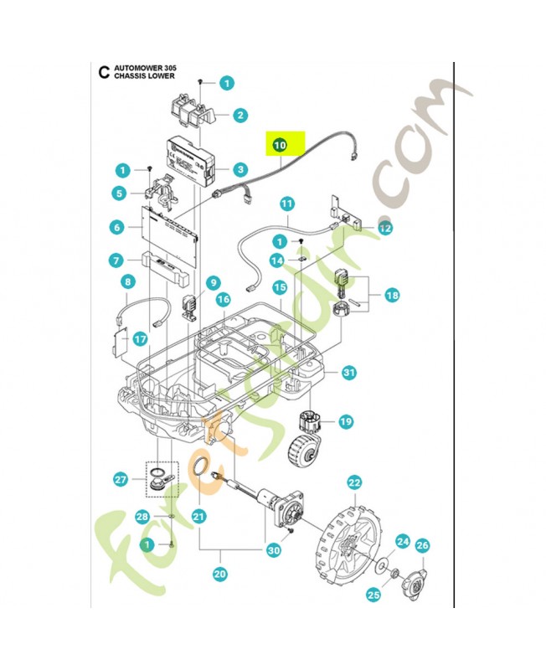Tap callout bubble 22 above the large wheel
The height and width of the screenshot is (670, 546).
(x=354, y=482)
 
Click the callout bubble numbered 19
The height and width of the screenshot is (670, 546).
(x=346, y=422)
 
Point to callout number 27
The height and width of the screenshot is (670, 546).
(x=121, y=480)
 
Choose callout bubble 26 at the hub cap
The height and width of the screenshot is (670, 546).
(x=422, y=545)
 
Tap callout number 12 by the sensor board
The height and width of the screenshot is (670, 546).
(x=384, y=228)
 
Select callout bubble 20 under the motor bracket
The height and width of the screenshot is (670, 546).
(x=220, y=575)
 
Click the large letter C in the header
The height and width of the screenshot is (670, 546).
(x=103, y=72)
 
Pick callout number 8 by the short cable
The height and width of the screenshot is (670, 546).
(x=128, y=282)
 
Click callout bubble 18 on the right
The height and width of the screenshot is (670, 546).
(x=391, y=295)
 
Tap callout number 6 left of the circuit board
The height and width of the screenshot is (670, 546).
(x=116, y=227)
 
